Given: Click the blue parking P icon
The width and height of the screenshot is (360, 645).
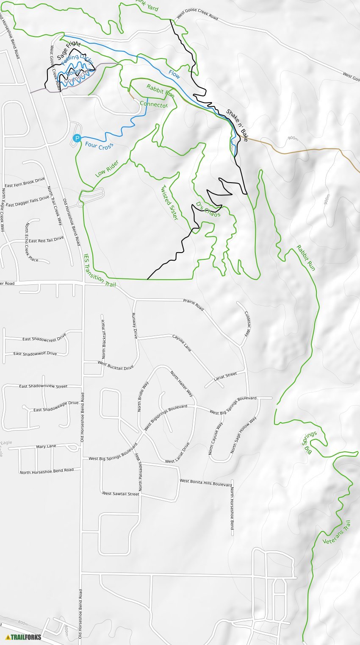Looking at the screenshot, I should coord(77,138).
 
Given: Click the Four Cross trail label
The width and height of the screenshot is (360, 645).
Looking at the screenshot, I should coord(99,146).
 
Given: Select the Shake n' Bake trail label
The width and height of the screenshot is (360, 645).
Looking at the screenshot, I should coord(237,125).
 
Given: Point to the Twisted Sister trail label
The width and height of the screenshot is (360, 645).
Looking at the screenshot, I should coord(169,203).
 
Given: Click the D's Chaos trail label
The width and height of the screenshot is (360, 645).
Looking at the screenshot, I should coord(208,209).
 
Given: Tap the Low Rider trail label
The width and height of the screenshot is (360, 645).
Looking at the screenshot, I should coord(106,169).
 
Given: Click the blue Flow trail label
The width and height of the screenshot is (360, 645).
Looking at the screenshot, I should coord(174,74).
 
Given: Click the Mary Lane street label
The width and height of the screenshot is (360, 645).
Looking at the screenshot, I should coord(46,446).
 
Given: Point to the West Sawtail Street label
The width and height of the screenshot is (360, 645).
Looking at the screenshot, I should coord(121,494).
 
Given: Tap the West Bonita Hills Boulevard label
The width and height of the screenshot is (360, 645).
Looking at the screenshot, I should coord(206,483).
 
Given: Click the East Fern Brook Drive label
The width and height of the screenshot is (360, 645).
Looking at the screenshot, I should coord(25,183).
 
